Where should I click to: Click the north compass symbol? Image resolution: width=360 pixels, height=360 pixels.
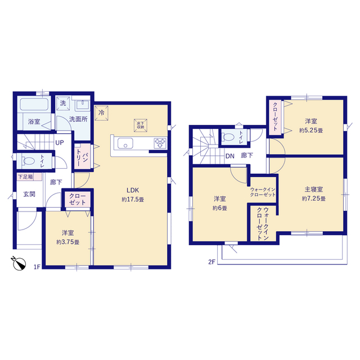coord(19,263)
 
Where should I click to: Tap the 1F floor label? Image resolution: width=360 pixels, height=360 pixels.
coord(37,267)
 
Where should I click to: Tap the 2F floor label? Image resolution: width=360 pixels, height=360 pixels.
coord(211,262)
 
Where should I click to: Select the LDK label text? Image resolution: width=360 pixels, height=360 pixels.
coord(133,190)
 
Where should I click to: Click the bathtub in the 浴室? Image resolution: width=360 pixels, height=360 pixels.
coord(34,104)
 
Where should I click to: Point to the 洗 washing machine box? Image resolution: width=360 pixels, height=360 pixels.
coord(63,103)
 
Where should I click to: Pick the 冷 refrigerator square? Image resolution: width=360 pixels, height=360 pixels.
coord(101,112)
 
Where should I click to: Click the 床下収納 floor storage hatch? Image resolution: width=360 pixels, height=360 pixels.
coord(141,125)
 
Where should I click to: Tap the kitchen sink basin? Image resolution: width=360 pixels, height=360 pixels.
coord(125,143)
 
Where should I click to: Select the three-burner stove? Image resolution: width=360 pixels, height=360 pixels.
coord(160,143)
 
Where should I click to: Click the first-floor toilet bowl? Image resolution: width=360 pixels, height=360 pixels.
coord(29,161)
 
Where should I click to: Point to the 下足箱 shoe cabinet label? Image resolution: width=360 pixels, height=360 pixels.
coord(25,177)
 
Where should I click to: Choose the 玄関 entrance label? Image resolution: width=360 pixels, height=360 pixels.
coord(29,194)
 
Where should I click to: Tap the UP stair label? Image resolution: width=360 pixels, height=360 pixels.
coord(60,142)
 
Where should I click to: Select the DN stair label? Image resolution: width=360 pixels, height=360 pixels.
coord(230,156)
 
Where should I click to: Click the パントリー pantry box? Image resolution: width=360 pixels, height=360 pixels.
coord(83,157)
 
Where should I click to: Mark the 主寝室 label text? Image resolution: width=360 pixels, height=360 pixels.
coord(314,190)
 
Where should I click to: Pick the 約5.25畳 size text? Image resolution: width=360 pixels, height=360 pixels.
coord(311,130)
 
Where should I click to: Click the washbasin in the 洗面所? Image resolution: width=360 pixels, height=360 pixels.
coord(83,105)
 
